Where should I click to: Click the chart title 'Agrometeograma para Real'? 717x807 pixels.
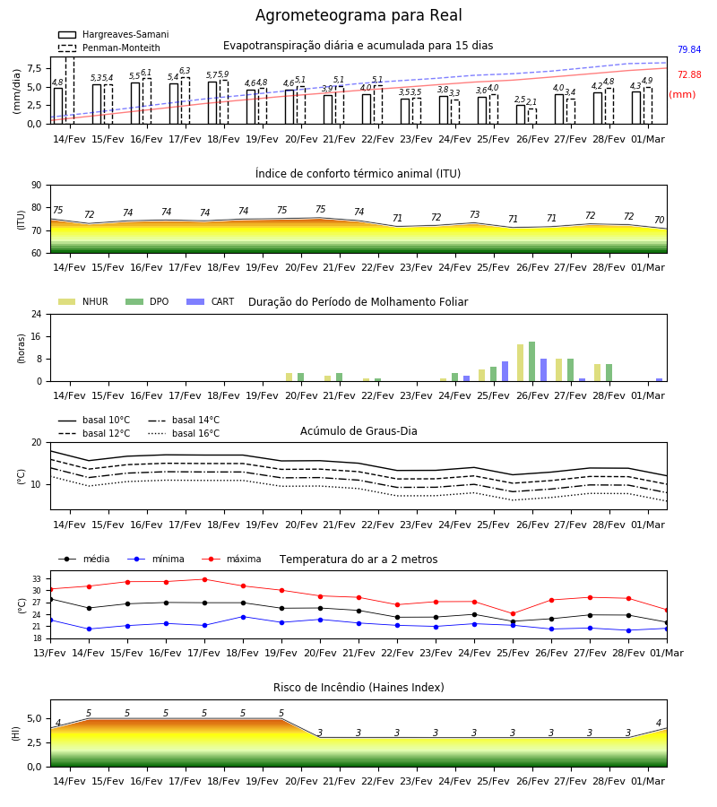[x=358, y=15]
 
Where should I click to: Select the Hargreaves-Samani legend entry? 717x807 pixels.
[x=113, y=34]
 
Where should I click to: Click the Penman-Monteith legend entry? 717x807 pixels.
[x=109, y=48]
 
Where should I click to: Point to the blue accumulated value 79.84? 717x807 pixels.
[x=689, y=49]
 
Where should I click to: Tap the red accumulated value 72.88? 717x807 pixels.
[x=689, y=74]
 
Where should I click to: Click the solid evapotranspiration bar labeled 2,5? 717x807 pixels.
[x=521, y=114]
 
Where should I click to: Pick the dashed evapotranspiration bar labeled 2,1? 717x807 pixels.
[x=532, y=117]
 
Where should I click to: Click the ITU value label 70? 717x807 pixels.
[x=659, y=220]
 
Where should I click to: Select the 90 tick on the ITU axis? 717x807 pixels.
[x=37, y=186]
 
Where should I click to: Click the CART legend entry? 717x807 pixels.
[x=211, y=301]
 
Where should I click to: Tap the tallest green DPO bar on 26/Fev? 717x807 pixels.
[x=531, y=361]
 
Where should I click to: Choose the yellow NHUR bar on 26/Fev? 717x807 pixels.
[x=520, y=363]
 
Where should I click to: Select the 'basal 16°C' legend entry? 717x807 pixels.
[x=184, y=433]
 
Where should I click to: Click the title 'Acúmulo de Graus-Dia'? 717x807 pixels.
[x=358, y=430]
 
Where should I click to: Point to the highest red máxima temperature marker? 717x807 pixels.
[x=204, y=579]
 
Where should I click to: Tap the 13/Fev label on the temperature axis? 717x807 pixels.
[x=50, y=653]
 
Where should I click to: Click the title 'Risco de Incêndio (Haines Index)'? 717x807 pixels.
[x=358, y=687]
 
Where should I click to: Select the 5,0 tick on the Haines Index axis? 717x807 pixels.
[x=34, y=718]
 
